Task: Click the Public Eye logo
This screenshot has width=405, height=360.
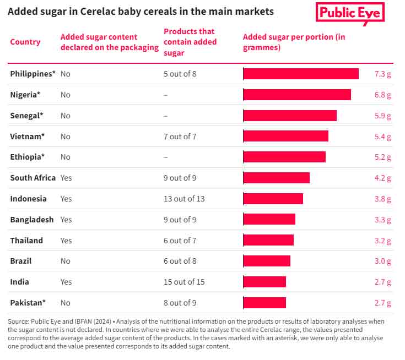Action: click(350, 13)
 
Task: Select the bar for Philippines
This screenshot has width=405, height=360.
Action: click(301, 74)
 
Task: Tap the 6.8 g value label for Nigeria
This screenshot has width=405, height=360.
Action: click(382, 95)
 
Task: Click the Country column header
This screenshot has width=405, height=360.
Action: click(25, 42)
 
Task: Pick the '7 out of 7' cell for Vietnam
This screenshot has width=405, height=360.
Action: click(180, 137)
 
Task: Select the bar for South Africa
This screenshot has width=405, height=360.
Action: click(276, 178)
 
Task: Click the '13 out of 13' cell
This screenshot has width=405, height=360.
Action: click(184, 199)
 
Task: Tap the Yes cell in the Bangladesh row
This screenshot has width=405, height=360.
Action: click(66, 220)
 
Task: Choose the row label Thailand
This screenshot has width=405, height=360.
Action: click(26, 241)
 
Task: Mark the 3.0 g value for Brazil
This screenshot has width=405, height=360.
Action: click(382, 261)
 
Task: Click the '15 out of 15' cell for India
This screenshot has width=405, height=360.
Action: click(184, 282)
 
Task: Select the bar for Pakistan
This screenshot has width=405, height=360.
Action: click(264, 303)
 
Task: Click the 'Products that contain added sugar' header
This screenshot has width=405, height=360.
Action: click(190, 42)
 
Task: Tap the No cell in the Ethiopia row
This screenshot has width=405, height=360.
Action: click(66, 157)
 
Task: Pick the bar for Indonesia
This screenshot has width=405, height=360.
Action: click(273, 199)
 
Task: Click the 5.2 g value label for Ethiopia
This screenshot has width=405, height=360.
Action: click(382, 157)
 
